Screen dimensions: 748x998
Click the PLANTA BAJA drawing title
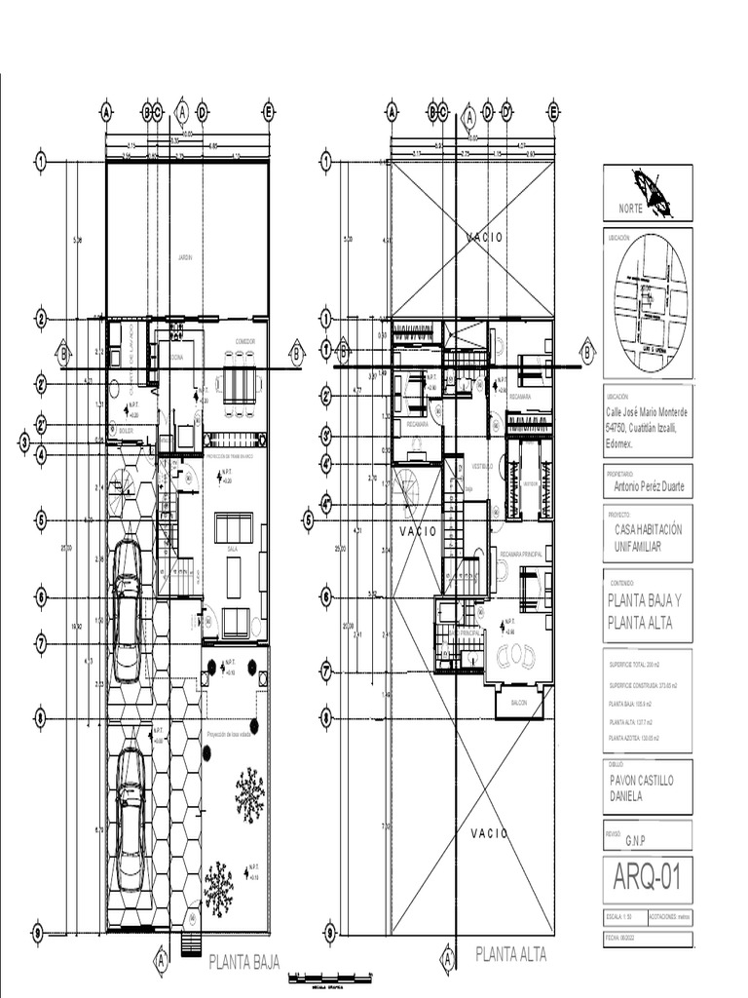click(244, 963)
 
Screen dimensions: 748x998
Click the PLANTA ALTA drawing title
click(510, 954)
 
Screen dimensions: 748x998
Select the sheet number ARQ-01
click(647, 879)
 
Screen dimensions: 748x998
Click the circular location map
click(650, 303)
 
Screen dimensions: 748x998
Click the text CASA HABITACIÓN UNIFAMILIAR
click(649, 537)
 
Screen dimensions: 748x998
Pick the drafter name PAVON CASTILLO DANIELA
click(641, 788)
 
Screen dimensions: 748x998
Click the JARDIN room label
click(185, 257)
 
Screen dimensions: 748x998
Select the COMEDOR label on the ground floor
click(244, 341)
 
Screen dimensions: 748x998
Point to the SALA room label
click(233, 550)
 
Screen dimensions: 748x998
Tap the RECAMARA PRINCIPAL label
click(520, 554)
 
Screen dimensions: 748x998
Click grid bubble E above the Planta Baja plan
click(268, 111)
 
